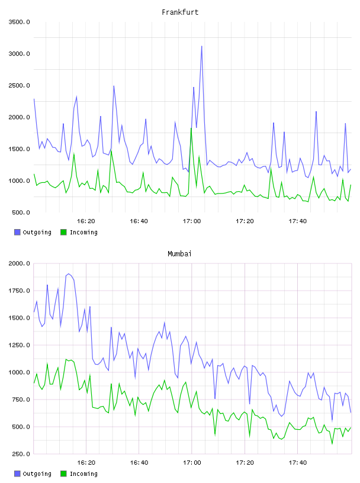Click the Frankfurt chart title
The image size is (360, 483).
[x=180, y=12]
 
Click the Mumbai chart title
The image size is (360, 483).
[x=179, y=254]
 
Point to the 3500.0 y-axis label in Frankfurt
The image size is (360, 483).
[x=20, y=22]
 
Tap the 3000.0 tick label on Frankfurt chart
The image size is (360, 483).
[x=20, y=54]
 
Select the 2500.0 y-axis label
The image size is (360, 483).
[x=20, y=85]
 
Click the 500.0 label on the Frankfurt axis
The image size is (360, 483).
[x=21, y=212]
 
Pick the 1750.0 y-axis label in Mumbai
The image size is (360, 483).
[x=20, y=291]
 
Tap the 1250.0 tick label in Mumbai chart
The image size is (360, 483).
[x=20, y=345]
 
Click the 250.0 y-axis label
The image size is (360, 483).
[x=21, y=454]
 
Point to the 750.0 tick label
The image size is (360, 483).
[x=21, y=400]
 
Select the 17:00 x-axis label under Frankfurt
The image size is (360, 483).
[x=192, y=221]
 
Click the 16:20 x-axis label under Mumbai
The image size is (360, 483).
[x=86, y=463]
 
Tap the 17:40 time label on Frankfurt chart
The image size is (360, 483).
[x=298, y=221]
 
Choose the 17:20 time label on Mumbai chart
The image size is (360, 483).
[x=245, y=463]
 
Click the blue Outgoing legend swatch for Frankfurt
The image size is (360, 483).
[x=17, y=232]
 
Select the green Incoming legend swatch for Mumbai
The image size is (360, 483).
[x=63, y=474]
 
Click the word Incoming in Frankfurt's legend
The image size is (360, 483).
[x=83, y=232]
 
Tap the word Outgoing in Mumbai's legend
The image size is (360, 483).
[x=37, y=474]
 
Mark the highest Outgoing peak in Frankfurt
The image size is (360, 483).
[x=201, y=46]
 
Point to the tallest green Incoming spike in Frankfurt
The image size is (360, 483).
[x=191, y=128]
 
